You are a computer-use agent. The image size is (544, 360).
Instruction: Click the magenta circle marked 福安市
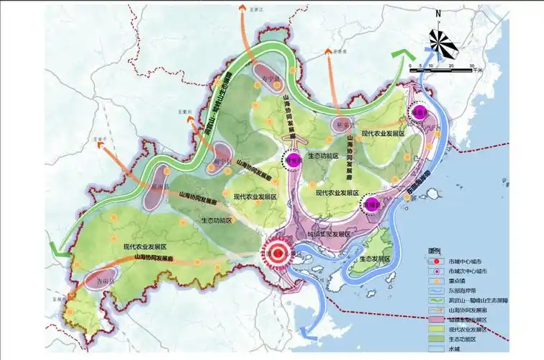click(294, 160)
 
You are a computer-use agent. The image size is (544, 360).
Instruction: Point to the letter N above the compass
click(436, 14)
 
